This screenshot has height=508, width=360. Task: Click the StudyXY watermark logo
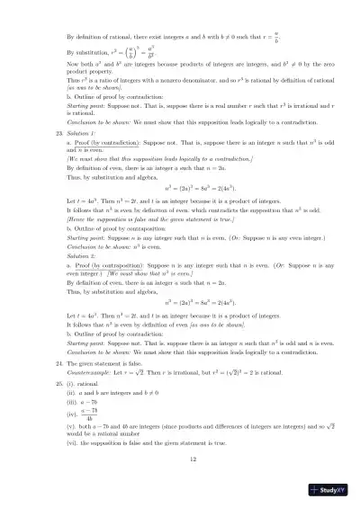pyautogui.click(x=328, y=490)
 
